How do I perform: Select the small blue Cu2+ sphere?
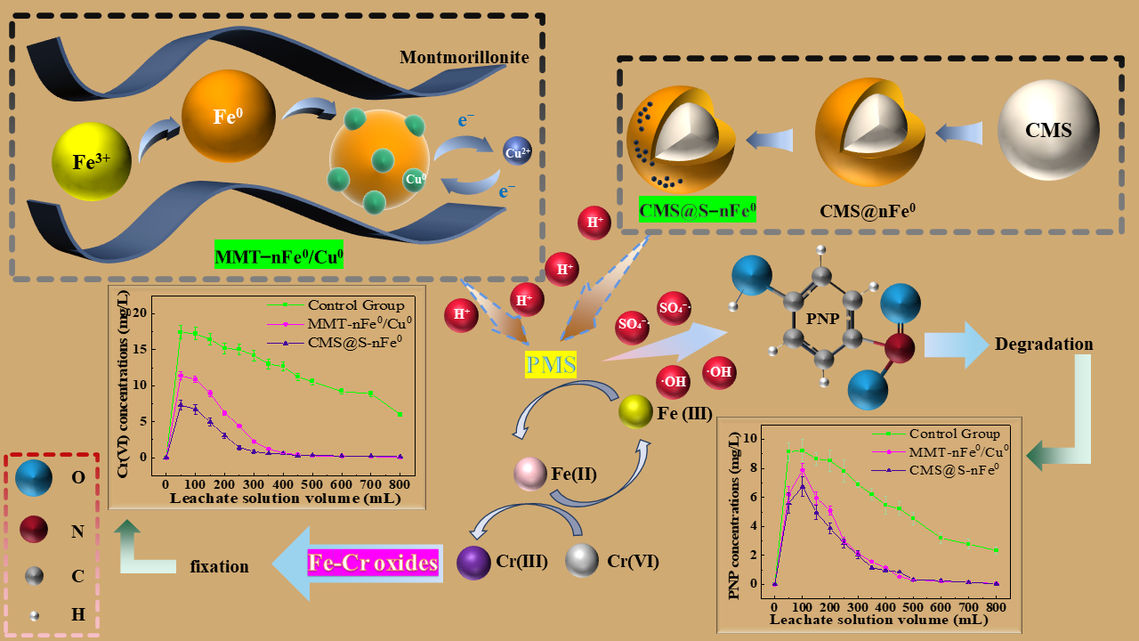(517, 151)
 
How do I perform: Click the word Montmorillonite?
(464, 58)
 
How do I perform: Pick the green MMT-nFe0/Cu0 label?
(279, 257)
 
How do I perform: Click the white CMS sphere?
(1047, 130)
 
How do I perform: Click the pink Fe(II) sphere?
(530, 475)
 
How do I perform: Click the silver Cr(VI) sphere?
(582, 561)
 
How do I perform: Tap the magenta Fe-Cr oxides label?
(373, 563)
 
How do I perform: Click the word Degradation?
(1044, 344)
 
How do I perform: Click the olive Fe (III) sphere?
(636, 410)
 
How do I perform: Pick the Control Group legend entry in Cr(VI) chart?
(348, 304)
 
